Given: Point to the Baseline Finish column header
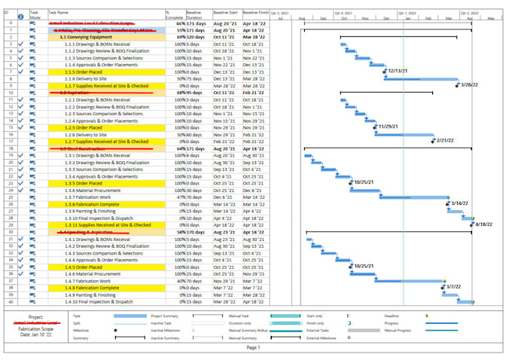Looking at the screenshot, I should (x=256, y=13).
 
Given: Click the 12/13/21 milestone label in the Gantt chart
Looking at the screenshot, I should (x=398, y=71).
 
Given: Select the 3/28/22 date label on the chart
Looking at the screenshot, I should (x=471, y=85).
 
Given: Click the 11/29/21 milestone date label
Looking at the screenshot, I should (x=389, y=127).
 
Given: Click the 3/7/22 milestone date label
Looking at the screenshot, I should (x=453, y=287).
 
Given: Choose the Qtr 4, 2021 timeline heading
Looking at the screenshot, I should (x=343, y=13).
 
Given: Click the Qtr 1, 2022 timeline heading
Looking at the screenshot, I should (x=407, y=13).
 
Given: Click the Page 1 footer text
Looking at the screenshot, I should (x=253, y=347).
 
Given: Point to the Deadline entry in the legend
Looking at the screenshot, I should (x=393, y=316).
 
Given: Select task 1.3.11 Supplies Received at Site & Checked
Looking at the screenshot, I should (x=108, y=224).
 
